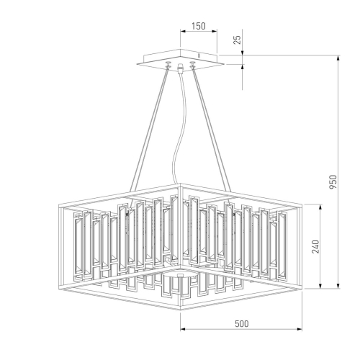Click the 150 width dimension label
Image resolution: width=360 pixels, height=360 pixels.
pos(198,26)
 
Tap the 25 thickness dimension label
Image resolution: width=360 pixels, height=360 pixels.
pos(238,39)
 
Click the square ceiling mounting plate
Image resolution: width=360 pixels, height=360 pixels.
pos(179,59)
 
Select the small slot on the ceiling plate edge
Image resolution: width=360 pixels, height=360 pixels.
pos(199,55)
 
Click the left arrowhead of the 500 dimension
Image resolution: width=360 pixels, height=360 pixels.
pos(181,331)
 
